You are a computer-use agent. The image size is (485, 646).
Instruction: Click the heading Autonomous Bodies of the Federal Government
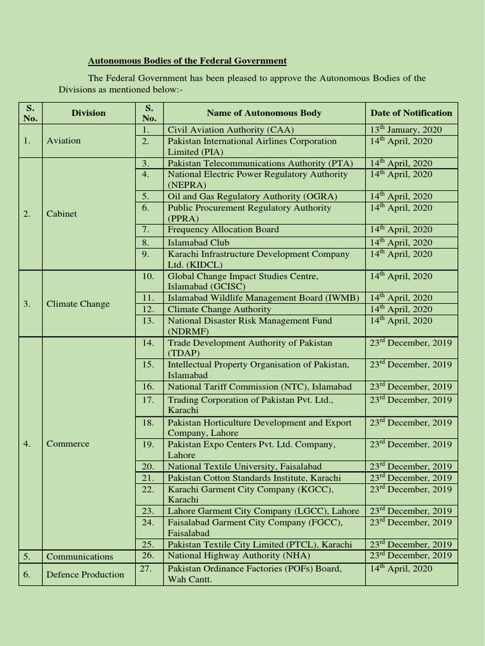coord(187,61)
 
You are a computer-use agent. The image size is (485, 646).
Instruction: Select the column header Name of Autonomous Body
coord(264,113)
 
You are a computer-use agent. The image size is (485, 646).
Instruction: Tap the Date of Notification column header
coord(411,113)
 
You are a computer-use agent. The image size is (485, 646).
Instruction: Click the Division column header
coord(88,113)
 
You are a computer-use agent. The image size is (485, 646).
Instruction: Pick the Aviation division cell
coord(64,141)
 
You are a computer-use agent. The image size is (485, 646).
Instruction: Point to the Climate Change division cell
coord(78,304)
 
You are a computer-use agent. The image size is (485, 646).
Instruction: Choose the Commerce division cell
coord(68,443)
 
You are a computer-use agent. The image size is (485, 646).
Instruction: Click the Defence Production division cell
coord(85,574)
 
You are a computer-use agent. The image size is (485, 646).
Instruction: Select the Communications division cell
coord(80,556)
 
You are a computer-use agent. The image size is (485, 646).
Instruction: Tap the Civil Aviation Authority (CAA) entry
coord(225,129)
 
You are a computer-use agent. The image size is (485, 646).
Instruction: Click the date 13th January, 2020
coord(406,129)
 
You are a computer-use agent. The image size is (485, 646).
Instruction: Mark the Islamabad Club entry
coord(198,242)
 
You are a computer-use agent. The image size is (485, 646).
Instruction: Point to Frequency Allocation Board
coord(223,230)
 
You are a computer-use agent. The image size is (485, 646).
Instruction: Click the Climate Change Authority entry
coord(219,309)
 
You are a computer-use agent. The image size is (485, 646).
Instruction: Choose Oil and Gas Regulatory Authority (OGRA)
coord(253,196)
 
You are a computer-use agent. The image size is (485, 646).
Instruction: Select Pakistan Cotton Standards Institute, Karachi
coord(254,478)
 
